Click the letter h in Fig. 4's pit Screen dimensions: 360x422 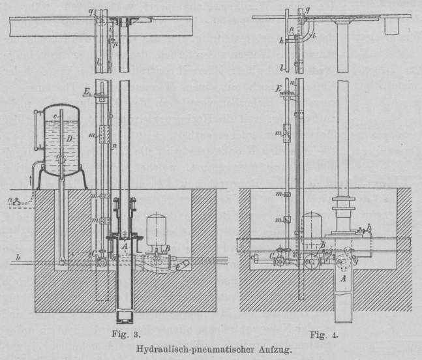[x=370, y=227]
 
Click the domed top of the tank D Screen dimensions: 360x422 [x=60, y=110]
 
